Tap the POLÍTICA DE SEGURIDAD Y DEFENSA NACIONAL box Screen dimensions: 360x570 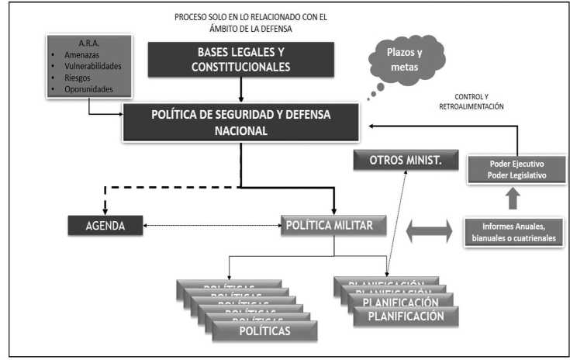240,123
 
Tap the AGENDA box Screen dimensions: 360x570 105,227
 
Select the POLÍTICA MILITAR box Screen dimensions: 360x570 333,227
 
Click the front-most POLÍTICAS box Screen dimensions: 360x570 264,331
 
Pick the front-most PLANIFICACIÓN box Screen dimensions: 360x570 406,316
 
